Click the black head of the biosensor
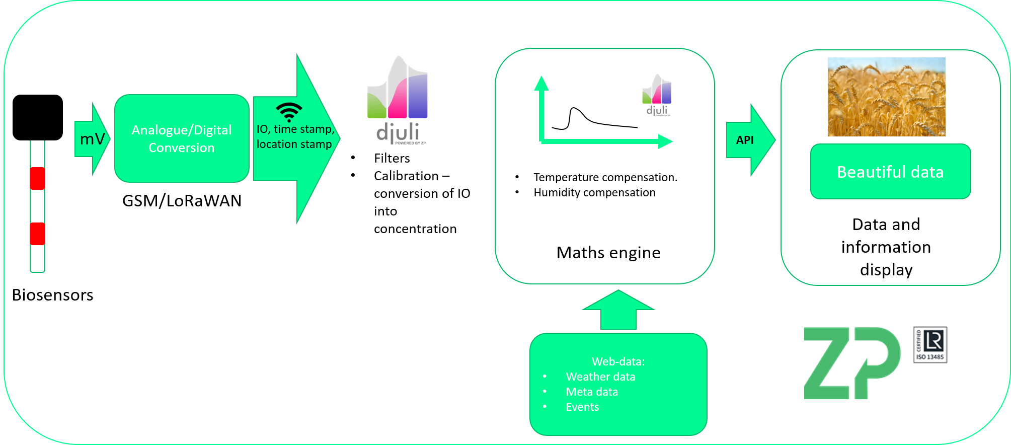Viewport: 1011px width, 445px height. [x=38, y=117]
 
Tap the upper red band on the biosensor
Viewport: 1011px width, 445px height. [x=38, y=178]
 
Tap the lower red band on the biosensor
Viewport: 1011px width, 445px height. [x=38, y=234]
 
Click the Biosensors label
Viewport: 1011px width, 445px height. [x=52, y=295]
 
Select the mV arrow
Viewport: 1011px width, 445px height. [x=92, y=139]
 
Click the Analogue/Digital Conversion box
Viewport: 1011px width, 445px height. [x=182, y=138]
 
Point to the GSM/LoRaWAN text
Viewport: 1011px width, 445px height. [x=182, y=201]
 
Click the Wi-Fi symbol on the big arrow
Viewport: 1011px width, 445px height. [x=289, y=112]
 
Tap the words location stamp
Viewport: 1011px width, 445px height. [x=294, y=144]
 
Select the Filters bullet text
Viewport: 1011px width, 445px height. [x=392, y=159]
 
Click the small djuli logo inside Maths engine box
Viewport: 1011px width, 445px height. [x=657, y=96]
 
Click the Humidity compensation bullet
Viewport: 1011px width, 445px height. [x=594, y=193]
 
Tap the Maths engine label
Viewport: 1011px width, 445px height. [x=608, y=253]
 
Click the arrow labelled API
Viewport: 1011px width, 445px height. [x=748, y=140]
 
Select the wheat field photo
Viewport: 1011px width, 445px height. [x=886, y=97]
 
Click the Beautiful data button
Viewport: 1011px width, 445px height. [x=890, y=172]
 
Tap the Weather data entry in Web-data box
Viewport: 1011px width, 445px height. [x=600, y=377]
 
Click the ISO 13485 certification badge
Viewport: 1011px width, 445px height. [x=930, y=345]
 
